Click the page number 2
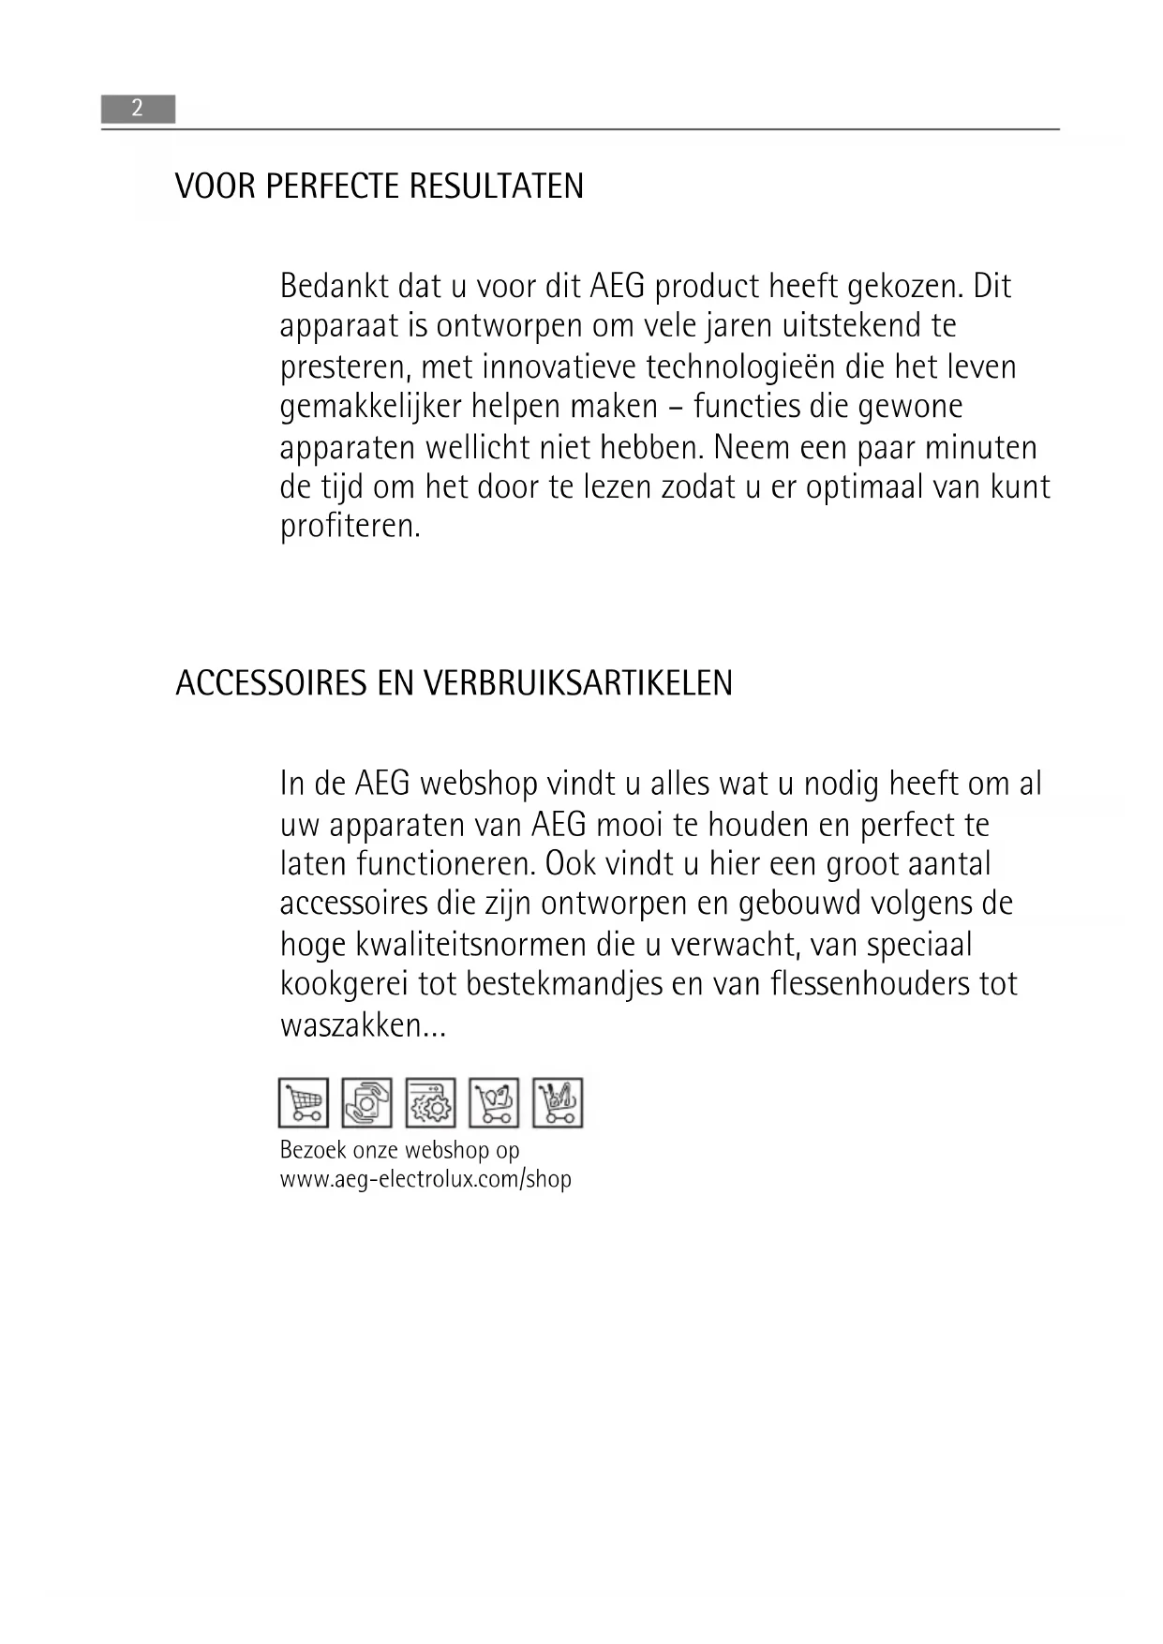tap(137, 109)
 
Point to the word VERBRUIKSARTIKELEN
tap(578, 683)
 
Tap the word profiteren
tap(350, 526)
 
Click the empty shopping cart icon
tap(304, 1102)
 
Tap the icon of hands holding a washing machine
tap(367, 1102)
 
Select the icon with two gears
tap(431, 1102)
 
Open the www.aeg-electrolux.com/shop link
tap(425, 1179)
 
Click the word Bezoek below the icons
tap(313, 1150)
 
